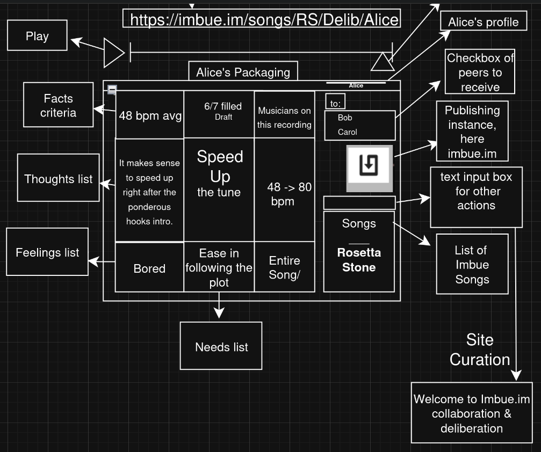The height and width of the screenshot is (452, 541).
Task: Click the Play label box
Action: (x=37, y=36)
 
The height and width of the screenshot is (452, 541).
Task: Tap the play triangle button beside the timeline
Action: (x=113, y=53)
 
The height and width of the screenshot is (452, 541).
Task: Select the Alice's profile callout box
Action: (x=483, y=23)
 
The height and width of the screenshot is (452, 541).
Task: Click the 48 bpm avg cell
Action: (x=150, y=115)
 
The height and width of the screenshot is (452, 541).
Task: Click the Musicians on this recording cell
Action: (x=284, y=118)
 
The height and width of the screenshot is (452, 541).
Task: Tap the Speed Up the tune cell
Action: (x=219, y=173)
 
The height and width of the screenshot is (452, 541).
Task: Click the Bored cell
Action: (x=149, y=268)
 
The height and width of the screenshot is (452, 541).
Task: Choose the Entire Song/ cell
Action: (x=284, y=267)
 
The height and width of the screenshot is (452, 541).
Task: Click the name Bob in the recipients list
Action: (x=345, y=118)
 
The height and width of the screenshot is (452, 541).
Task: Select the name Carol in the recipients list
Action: (x=347, y=132)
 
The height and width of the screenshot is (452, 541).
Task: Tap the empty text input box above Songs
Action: (x=359, y=202)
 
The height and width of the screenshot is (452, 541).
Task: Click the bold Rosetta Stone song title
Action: (x=359, y=260)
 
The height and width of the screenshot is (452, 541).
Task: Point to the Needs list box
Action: (x=221, y=347)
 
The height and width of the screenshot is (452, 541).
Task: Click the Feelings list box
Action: (x=47, y=252)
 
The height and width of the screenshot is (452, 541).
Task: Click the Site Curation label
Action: (x=480, y=349)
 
